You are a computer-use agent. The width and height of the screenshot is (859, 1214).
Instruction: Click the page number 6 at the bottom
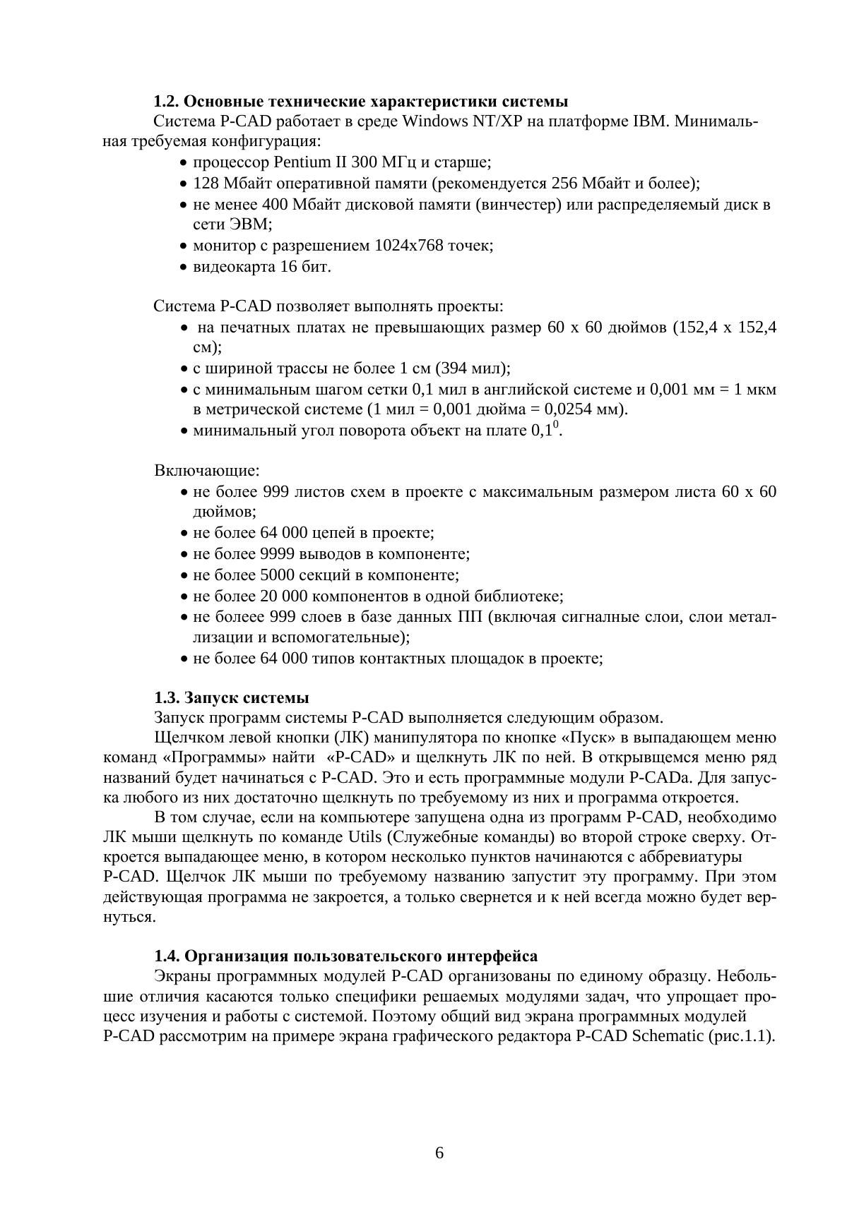pyautogui.click(x=439, y=1153)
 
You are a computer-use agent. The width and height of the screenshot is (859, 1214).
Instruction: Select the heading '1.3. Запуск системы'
pyautogui.click(x=232, y=698)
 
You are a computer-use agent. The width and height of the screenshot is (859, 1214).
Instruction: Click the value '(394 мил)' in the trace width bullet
pyautogui.click(x=473, y=368)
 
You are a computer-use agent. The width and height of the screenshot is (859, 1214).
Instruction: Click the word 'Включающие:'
pyautogui.click(x=207, y=470)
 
